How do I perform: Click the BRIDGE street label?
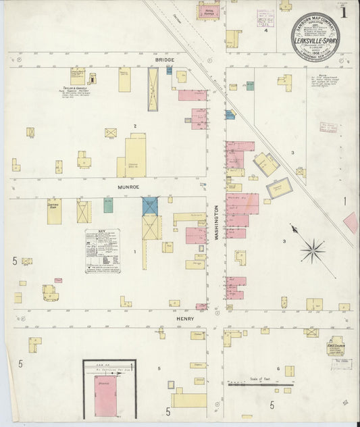click(164, 60)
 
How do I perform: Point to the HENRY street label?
click(186, 318)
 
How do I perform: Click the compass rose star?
click(312, 251)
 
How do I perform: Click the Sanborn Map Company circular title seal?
click(315, 36)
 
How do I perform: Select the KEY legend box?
click(102, 251)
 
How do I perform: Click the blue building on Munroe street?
click(150, 206)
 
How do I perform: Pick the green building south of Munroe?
click(108, 205)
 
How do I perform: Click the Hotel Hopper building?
click(209, 11)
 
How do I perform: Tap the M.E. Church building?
click(336, 347)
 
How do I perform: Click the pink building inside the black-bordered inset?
click(106, 395)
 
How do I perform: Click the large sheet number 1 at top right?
click(344, 11)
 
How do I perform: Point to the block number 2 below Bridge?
click(135, 126)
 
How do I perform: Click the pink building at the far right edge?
click(351, 222)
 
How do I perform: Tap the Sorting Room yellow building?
click(54, 211)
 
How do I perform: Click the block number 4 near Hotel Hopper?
click(265, 30)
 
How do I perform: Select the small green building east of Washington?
click(250, 86)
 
